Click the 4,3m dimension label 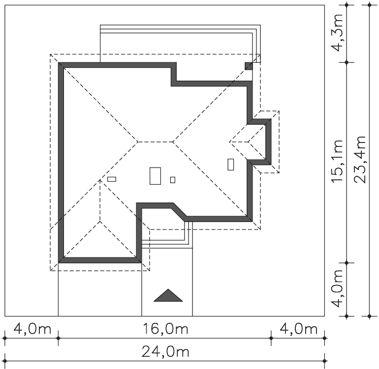(338, 33)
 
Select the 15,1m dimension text (337, 161)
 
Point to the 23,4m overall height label (360, 160)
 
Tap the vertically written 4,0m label (338, 288)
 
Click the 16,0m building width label (165, 329)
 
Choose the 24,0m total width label (165, 352)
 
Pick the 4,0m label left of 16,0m (32, 329)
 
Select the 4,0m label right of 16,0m (298, 329)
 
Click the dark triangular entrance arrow (168, 295)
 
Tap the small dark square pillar (249, 66)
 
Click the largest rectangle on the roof (155, 176)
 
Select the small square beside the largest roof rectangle (173, 180)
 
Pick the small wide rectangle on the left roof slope (112, 179)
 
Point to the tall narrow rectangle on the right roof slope (231, 164)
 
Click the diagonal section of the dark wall (179, 212)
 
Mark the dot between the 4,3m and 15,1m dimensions (347, 62)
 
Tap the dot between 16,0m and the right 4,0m (271, 338)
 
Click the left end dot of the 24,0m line (5, 361)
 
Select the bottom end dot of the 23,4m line (369, 316)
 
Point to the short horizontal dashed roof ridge (156, 142)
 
